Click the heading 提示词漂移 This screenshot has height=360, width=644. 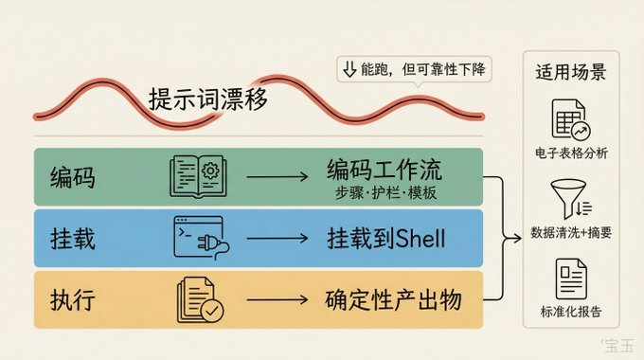207,99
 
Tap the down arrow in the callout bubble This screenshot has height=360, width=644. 349,69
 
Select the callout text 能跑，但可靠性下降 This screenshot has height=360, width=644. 423,69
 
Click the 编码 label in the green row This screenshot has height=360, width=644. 72,177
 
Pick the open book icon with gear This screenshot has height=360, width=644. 198,176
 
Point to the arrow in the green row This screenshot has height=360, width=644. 277,177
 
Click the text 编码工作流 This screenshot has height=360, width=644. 384,170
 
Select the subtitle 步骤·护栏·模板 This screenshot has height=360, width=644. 385,192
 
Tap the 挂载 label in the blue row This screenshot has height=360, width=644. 72,239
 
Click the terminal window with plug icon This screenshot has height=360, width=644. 201,238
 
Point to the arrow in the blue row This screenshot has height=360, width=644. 277,239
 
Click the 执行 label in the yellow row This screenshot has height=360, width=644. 72,299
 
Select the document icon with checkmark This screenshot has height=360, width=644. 200,299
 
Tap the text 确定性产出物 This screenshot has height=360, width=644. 393,299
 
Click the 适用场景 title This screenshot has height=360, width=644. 570,72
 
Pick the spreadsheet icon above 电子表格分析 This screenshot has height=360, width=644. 570,119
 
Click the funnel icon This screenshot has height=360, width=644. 571,199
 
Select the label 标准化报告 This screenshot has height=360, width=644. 571,312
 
